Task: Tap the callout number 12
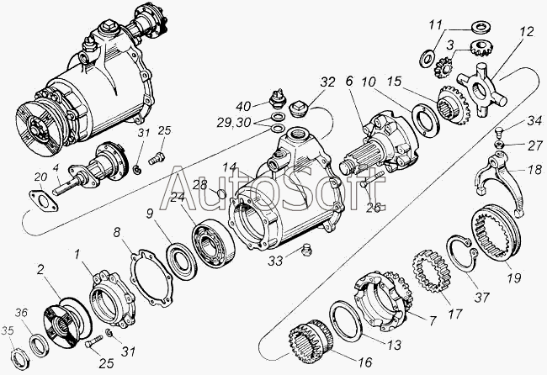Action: point(527,34)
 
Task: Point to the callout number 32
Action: point(327,82)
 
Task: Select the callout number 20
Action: point(17,176)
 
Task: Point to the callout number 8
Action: point(118,231)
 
